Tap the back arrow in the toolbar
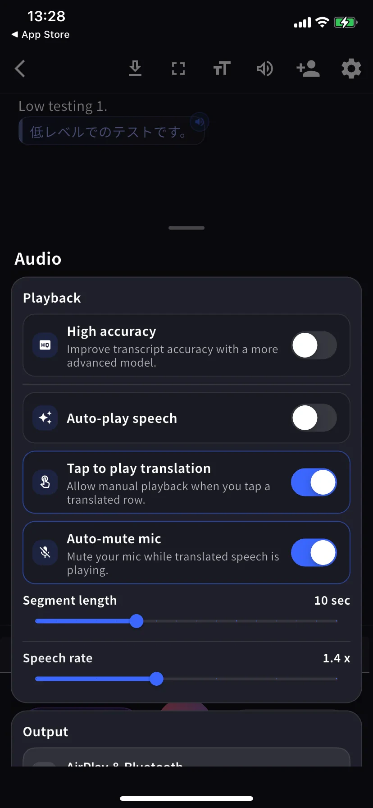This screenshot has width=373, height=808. pos(20,69)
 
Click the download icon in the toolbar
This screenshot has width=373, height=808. pos(135,69)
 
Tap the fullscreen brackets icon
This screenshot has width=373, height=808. pos(178,69)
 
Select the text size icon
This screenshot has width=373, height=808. pos(222,69)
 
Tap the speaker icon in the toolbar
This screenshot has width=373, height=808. pos(265,69)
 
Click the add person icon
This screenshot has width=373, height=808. pos(308,69)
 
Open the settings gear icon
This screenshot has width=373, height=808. pos(351,69)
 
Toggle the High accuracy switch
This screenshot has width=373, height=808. pos(314,345)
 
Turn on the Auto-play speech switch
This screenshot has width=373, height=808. pos(314,418)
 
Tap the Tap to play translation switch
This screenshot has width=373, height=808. pos(314,482)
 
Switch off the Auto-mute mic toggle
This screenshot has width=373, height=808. pos(314,553)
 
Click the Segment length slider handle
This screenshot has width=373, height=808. pos(136,621)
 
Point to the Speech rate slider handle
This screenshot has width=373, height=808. pos(156,679)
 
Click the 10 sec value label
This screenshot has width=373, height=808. pos(332,601)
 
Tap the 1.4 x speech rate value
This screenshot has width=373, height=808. pos(336,658)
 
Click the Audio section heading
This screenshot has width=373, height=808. pos(38,259)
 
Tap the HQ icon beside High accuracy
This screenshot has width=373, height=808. pos(45,345)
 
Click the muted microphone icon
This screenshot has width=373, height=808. pos(45,553)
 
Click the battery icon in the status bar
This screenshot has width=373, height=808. pos(345,23)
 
